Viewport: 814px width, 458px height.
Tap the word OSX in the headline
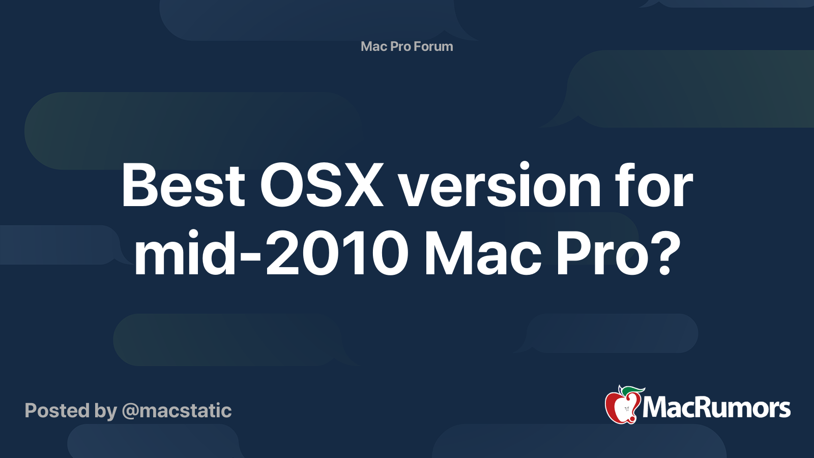[322, 186]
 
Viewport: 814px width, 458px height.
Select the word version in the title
[500, 186]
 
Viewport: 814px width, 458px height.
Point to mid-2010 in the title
[271, 253]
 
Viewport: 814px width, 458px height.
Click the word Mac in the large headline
[482, 253]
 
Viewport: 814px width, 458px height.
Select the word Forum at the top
[433, 46]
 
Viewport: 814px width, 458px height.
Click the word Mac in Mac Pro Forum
[374, 46]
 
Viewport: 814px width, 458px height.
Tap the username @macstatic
[177, 411]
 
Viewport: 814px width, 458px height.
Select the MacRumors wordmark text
[716, 408]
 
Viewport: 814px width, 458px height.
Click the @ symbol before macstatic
[130, 411]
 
